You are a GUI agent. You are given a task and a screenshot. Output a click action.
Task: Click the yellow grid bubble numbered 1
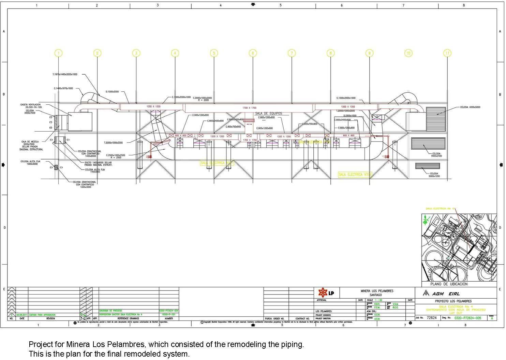click(x=59, y=53)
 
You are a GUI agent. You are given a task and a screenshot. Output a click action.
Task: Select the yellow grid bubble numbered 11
click(x=447, y=53)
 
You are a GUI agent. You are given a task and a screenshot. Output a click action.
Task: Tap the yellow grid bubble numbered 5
click(x=214, y=53)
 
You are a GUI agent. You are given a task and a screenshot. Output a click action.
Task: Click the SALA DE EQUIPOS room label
click(x=269, y=114)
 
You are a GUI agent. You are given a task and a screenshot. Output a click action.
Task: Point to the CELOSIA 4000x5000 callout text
click(x=470, y=107)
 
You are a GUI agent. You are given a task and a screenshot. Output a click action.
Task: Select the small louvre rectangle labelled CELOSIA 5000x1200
click(x=428, y=166)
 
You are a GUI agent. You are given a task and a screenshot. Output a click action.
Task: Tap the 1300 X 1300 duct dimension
click(x=348, y=107)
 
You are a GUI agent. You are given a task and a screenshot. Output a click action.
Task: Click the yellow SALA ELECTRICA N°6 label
click(x=355, y=175)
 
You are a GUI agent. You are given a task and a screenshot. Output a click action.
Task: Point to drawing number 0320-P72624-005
click(x=468, y=318)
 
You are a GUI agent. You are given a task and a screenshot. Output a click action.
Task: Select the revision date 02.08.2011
click(x=22, y=315)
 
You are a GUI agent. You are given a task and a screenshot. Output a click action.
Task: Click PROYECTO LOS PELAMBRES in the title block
click(x=453, y=301)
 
